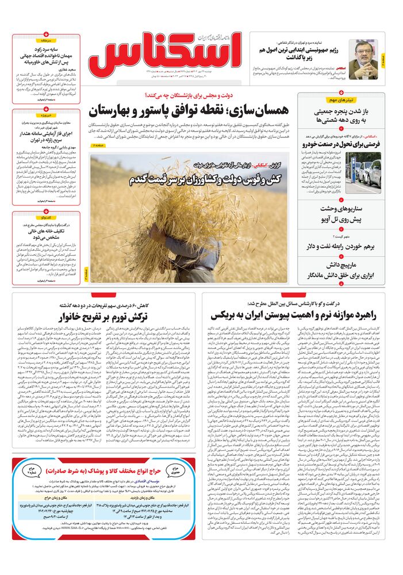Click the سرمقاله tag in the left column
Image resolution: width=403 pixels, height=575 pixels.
(46, 41)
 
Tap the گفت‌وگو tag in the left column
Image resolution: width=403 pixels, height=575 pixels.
(46, 218)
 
